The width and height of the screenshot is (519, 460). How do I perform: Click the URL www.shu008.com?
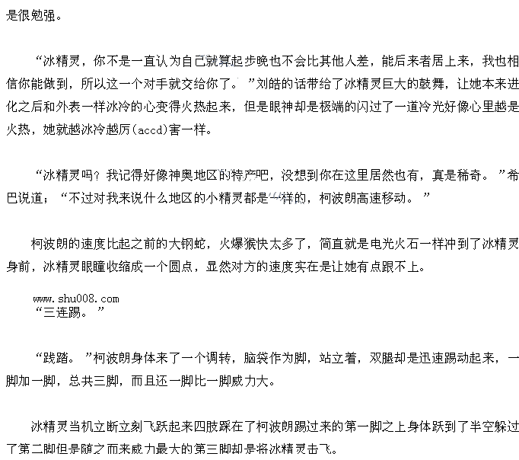coord(76,299)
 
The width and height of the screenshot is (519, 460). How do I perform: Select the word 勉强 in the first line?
coord(44,14)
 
